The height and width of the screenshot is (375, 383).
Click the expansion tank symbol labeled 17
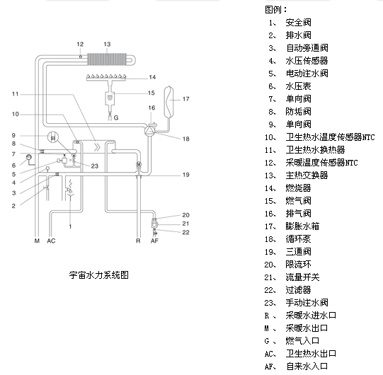168,101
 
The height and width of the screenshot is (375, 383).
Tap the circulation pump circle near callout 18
149,130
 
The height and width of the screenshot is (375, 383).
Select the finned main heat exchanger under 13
107,59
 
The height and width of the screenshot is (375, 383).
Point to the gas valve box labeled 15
110,98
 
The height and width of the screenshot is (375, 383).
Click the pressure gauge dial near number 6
29,157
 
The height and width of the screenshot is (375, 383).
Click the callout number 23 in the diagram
95,166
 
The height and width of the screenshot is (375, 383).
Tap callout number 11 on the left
15,94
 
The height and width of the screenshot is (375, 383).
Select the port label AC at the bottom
51,241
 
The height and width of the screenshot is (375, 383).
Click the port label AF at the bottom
154,241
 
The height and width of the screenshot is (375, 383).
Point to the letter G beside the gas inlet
116,118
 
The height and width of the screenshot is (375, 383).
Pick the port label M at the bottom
37,241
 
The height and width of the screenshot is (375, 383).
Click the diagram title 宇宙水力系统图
98,275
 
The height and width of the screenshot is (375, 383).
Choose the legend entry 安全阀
299,23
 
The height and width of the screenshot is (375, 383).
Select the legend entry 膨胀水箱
302,226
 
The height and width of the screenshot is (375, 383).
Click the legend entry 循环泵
299,239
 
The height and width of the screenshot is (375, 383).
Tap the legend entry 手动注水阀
307,303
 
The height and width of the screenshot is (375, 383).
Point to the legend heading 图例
273,10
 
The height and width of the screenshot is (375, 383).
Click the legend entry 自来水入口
307,367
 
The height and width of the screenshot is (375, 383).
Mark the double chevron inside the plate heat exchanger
98,147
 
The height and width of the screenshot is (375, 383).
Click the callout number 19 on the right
186,175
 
